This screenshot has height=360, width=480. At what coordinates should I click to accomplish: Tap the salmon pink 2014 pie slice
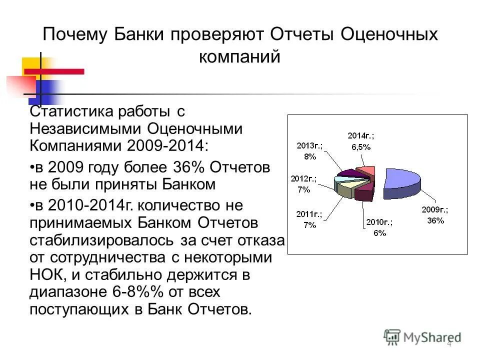367,171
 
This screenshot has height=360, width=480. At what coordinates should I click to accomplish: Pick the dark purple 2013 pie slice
349,173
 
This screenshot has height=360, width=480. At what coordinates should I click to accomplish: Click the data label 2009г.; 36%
434,215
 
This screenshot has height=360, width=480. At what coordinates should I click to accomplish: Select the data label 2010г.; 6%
379,227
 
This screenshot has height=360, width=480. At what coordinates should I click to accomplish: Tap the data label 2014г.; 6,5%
361,141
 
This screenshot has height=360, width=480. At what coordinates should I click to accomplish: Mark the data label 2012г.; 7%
303,184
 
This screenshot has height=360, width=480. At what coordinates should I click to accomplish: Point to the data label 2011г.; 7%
309,219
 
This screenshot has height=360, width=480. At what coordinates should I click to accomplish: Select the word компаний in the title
240,56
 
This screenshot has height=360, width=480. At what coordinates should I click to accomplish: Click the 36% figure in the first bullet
187,166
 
